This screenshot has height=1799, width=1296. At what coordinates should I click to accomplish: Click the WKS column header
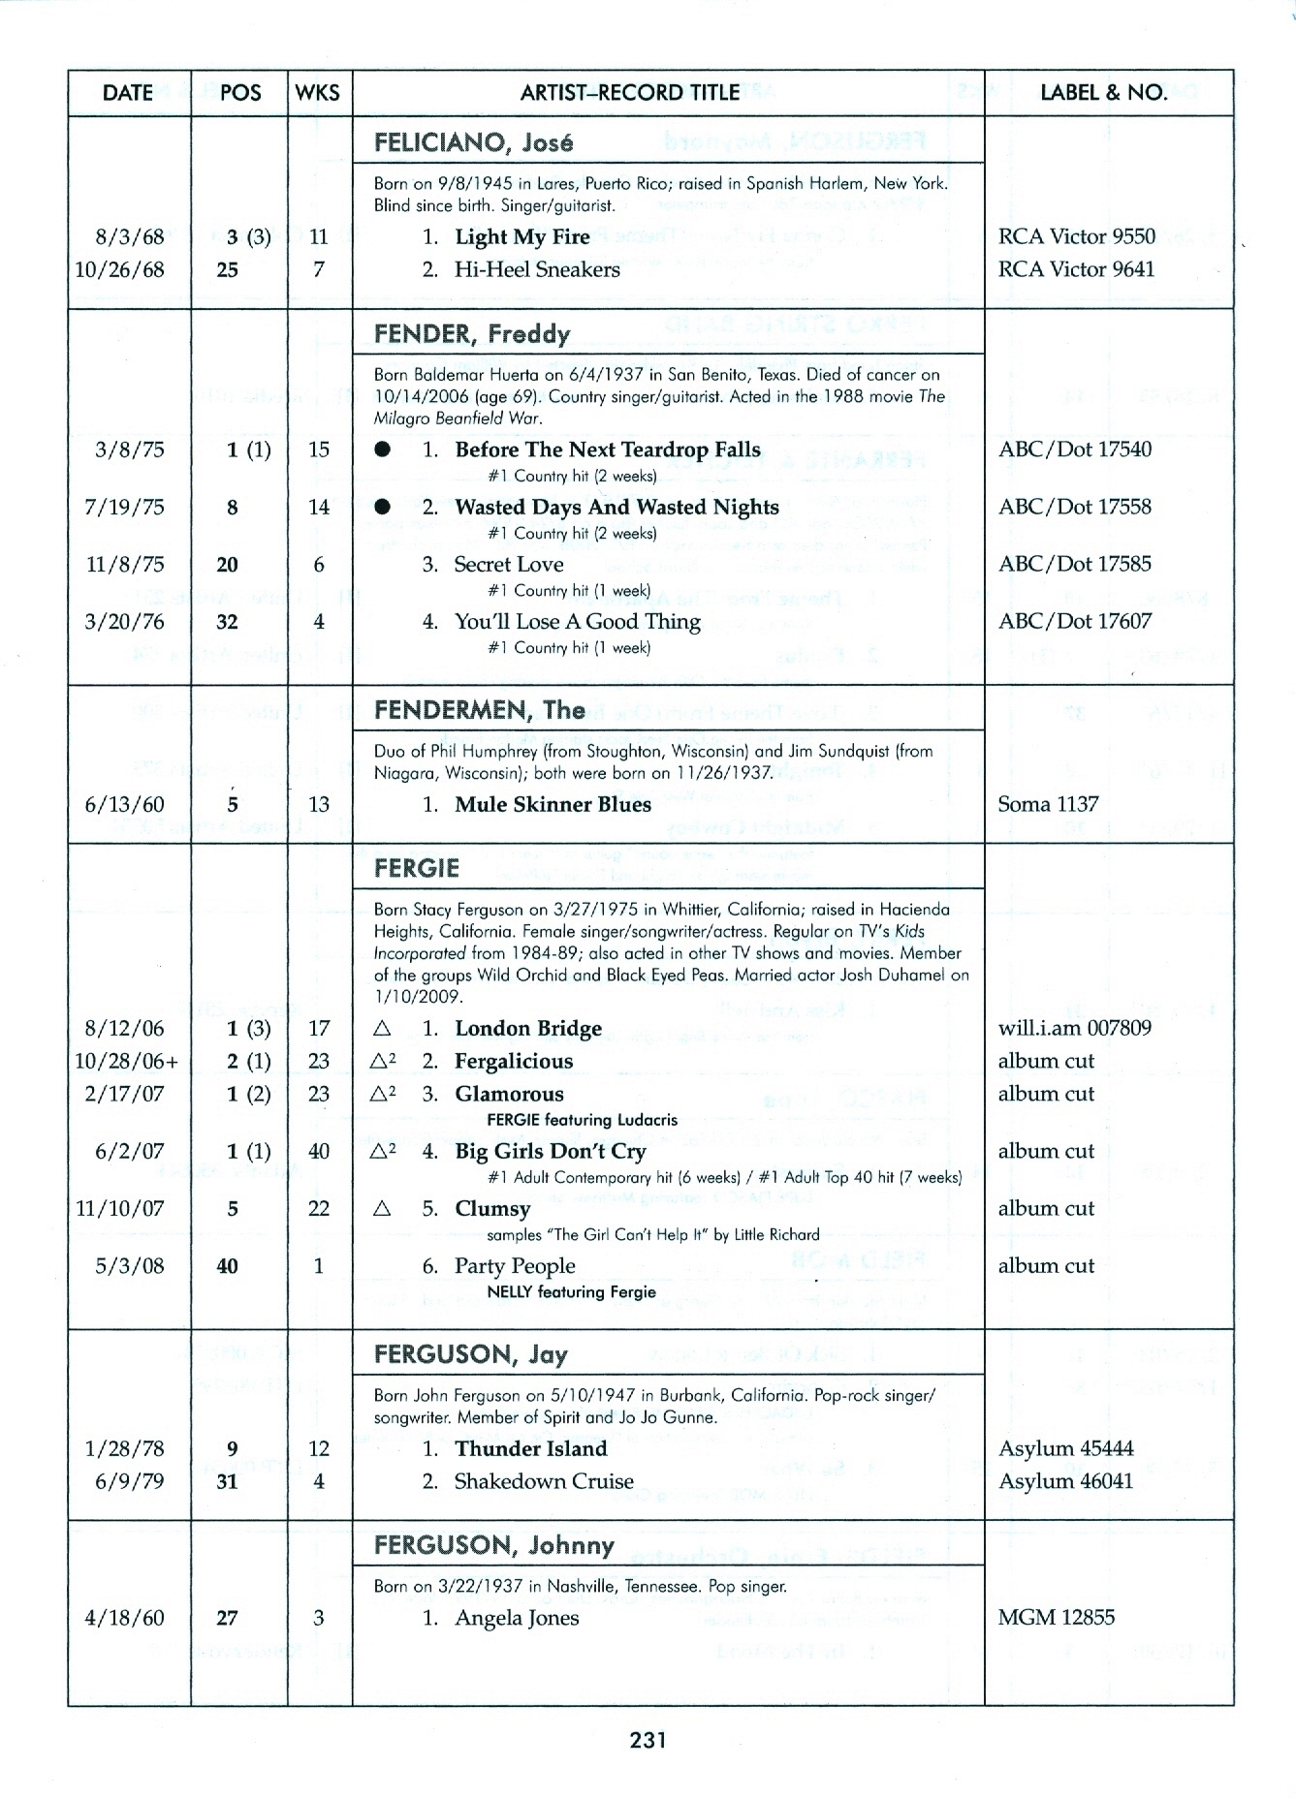click(318, 93)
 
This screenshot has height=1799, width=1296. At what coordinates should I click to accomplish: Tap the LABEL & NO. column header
click(1103, 93)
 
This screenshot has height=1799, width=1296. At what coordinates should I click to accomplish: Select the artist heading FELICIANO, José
click(473, 143)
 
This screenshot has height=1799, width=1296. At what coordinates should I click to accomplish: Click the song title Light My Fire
click(522, 237)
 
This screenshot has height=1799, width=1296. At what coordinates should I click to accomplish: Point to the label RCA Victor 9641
click(1076, 269)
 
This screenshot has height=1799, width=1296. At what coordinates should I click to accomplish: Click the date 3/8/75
click(130, 450)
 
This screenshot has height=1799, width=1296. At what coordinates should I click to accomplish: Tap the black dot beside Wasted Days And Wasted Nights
click(383, 507)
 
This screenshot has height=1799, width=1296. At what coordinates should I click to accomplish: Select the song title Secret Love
click(508, 564)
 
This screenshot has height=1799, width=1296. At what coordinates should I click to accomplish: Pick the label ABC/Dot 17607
click(1075, 621)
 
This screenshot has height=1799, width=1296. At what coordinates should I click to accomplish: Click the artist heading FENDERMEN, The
click(479, 710)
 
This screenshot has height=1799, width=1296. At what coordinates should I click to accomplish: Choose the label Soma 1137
click(1048, 804)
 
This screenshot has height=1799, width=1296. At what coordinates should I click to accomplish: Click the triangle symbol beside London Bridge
click(382, 1029)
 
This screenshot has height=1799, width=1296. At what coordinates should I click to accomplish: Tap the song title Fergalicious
click(513, 1062)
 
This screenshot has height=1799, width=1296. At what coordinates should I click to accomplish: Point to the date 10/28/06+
click(127, 1062)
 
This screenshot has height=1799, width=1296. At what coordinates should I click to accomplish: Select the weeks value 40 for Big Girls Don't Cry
click(318, 1151)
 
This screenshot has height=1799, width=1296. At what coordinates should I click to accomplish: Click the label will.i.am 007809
click(1074, 1028)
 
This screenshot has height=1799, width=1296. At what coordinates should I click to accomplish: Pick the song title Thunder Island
click(530, 1449)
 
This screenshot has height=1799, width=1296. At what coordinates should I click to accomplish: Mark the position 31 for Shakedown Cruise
click(228, 1481)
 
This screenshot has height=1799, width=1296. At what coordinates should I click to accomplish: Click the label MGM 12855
click(1056, 1618)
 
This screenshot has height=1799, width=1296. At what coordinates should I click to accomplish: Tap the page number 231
click(648, 1740)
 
